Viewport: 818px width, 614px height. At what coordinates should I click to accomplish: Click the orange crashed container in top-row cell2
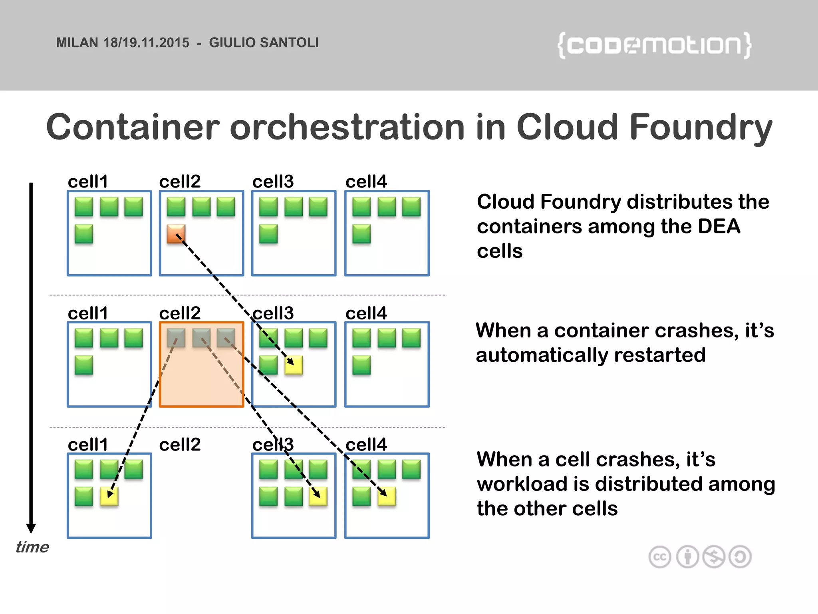176,234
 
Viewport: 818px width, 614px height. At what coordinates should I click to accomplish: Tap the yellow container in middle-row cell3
294,365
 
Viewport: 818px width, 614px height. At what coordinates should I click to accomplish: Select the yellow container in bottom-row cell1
109,496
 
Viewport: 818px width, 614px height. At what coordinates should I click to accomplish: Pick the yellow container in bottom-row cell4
387,496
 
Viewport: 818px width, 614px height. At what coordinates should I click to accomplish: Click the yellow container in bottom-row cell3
318,496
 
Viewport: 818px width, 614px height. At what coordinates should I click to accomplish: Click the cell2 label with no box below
180,445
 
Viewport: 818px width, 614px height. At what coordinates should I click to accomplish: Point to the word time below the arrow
32,547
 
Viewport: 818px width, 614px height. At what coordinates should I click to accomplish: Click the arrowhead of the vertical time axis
31,528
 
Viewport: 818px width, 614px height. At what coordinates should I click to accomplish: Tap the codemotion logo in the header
654,45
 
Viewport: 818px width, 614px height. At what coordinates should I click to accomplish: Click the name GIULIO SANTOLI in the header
264,42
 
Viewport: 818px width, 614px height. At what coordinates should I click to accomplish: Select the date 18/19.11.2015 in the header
146,42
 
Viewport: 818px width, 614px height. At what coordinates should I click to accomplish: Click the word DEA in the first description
719,226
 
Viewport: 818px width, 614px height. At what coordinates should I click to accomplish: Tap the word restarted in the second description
660,355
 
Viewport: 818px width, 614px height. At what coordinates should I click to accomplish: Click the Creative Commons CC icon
659,557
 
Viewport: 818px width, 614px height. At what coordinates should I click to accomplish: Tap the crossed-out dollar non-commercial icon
714,557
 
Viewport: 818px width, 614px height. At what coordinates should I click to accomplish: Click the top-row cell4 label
366,181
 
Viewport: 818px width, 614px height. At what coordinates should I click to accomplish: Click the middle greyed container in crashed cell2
201,338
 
